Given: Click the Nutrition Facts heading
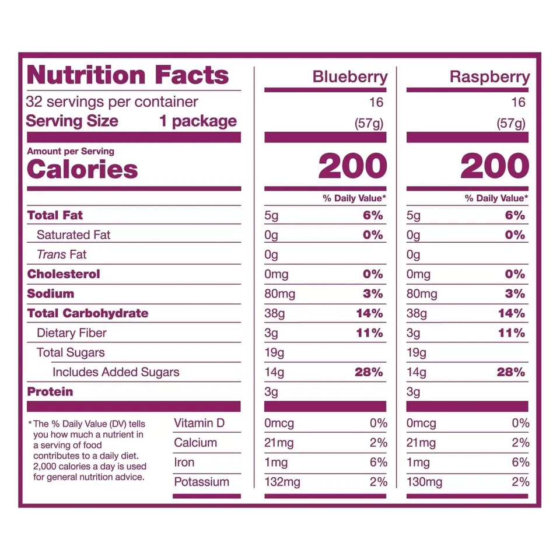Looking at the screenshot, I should [128, 75].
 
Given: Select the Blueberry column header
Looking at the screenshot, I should [349, 77].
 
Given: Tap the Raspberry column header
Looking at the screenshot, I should [489, 77].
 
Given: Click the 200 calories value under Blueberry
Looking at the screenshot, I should [352, 167].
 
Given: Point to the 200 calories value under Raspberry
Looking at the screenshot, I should [495, 167].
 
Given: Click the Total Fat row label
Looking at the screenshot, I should [55, 215].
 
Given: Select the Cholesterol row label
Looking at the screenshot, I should [64, 274].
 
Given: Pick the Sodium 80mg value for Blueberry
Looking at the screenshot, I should [279, 294].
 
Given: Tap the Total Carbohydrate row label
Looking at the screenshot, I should [87, 313].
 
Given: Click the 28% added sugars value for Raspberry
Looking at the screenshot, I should [511, 372].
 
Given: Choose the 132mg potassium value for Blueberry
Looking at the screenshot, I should [282, 482].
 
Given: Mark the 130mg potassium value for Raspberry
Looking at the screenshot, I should [424, 482].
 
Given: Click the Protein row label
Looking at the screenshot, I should [50, 392].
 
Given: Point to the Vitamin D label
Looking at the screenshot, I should [199, 423].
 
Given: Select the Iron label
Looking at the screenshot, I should [184, 463].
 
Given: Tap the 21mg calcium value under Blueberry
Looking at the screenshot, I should [279, 443].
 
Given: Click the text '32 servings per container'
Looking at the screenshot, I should [112, 102].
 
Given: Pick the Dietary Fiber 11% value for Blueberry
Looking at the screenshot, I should [369, 333].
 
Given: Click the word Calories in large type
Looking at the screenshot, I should [82, 169].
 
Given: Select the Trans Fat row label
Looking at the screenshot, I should [61, 254].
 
